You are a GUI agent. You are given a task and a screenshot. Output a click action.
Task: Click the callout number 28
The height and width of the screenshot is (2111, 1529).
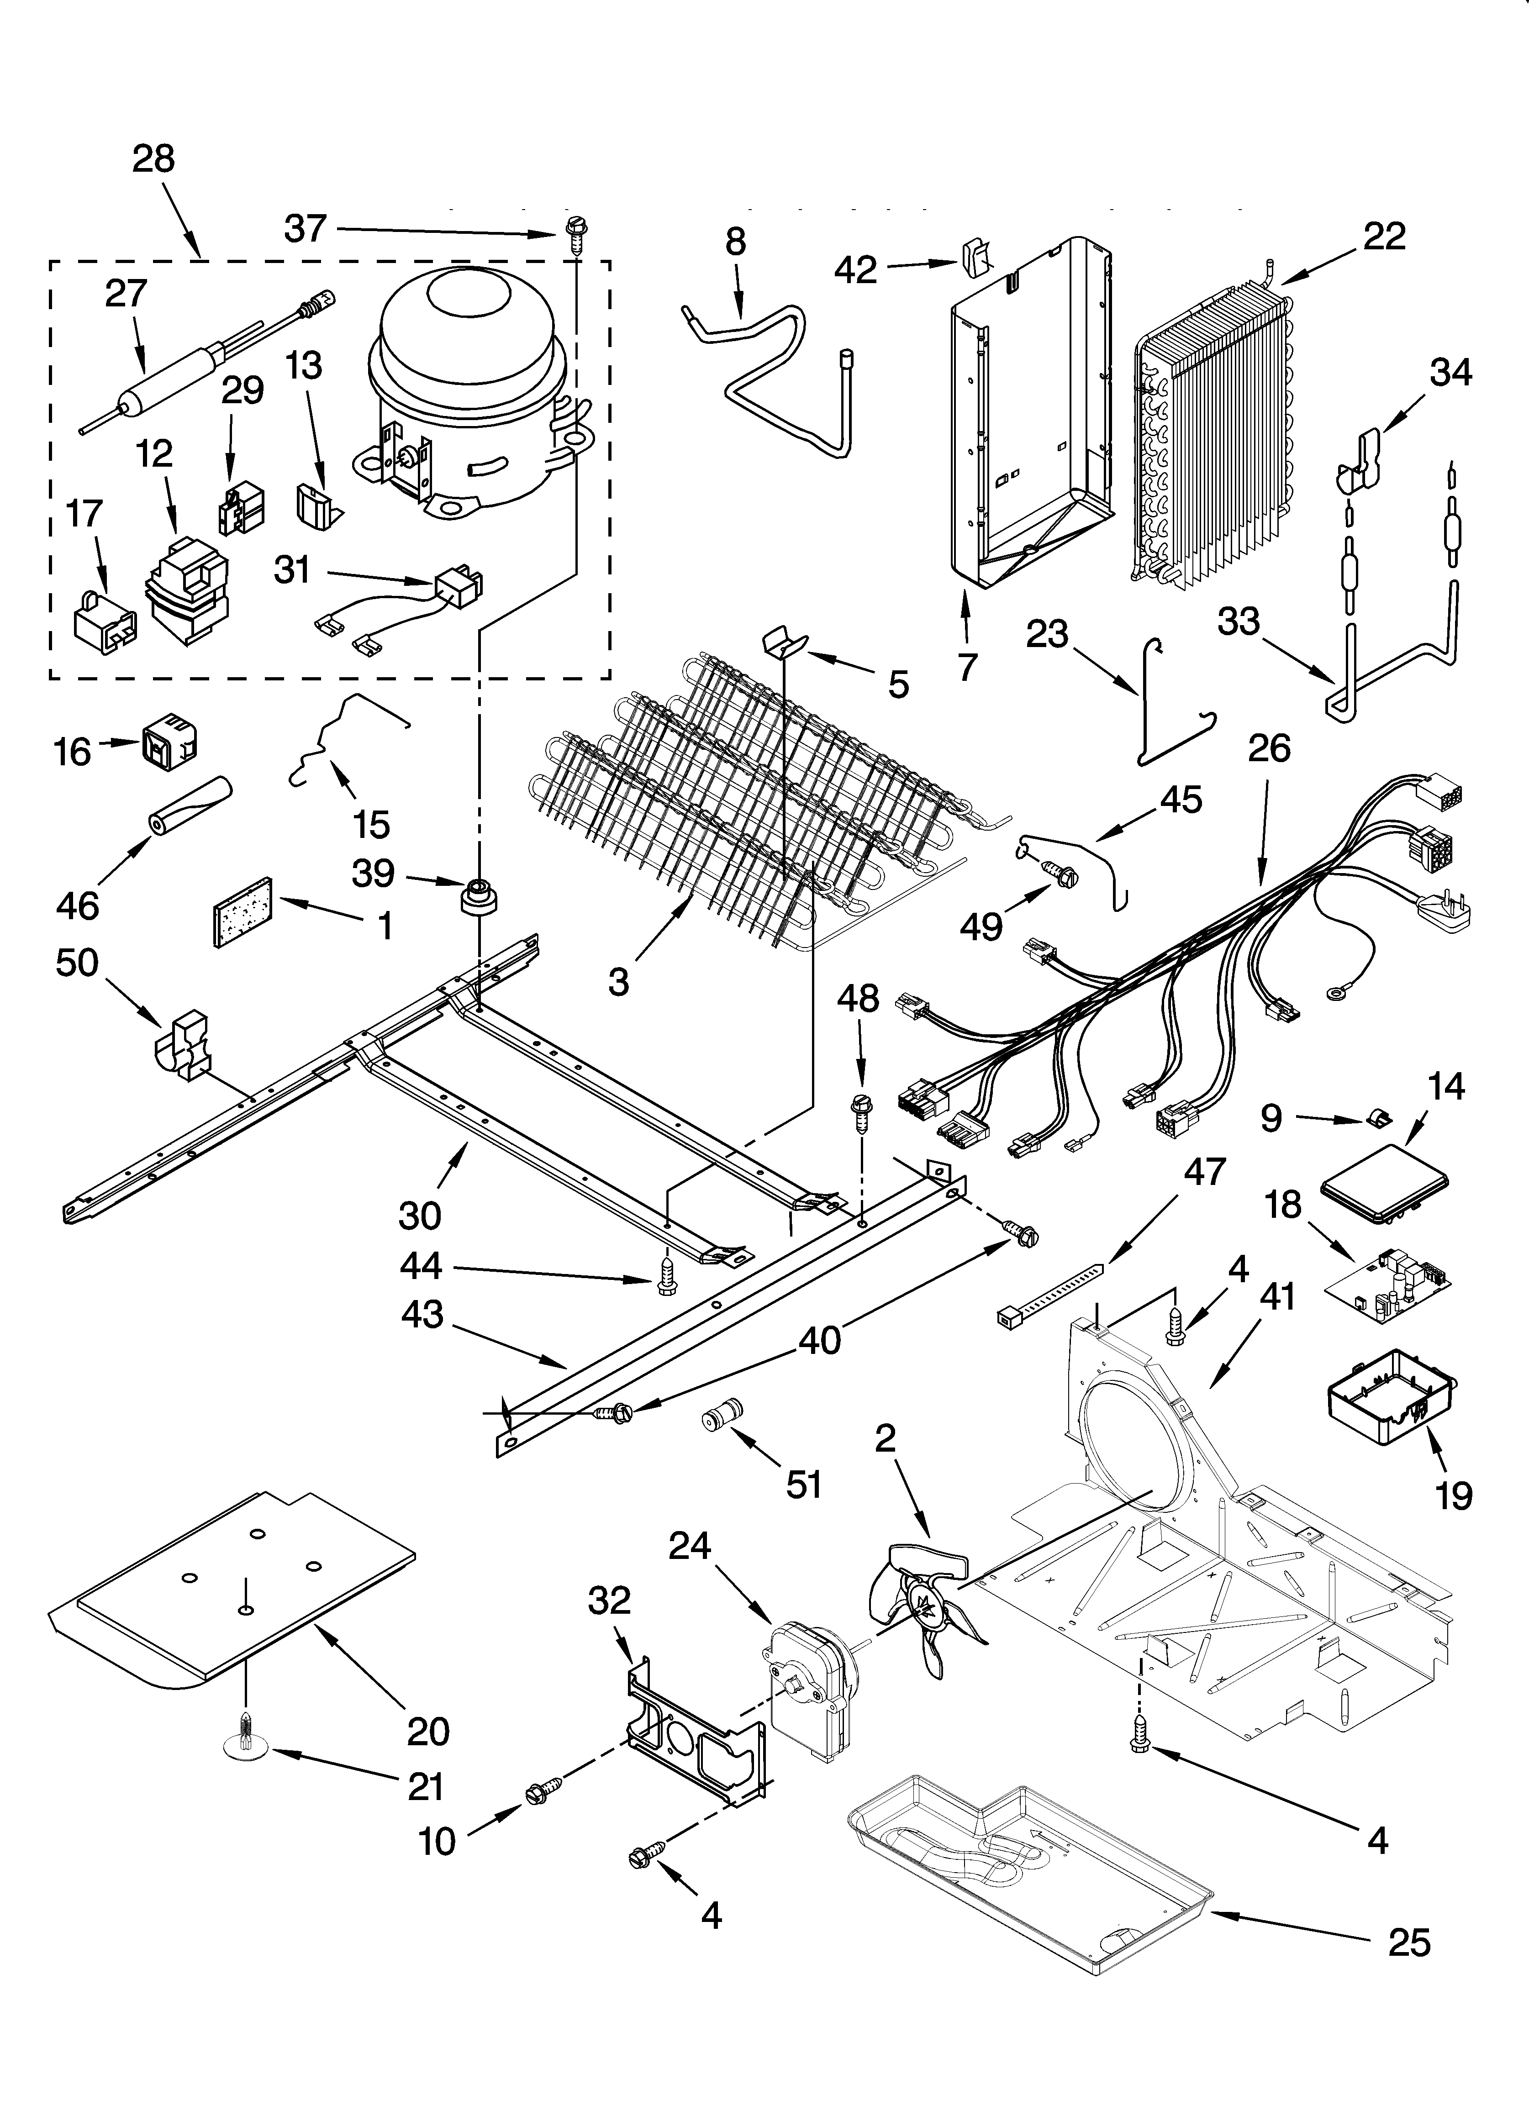click(153, 159)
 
